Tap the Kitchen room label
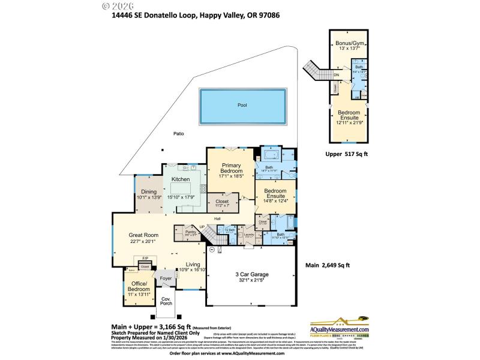pos(181,179)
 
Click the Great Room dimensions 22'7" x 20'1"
pos(143,242)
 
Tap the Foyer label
pos(166,278)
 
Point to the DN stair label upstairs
pos(337,76)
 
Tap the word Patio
pos(178,133)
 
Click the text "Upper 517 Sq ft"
pos(346,154)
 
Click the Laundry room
pos(248,235)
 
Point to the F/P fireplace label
pos(145,259)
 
